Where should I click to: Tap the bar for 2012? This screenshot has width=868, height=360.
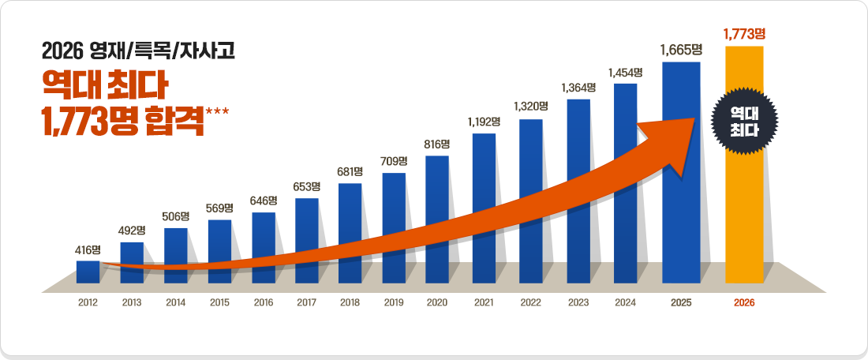(x=88, y=271)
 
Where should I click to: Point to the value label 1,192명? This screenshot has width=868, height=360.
(x=484, y=122)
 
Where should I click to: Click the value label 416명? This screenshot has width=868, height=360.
(x=88, y=249)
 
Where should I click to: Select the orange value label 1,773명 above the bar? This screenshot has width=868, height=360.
(x=744, y=34)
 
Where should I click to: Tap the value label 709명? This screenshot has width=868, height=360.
(x=393, y=161)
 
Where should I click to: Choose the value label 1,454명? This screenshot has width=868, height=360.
(x=625, y=72)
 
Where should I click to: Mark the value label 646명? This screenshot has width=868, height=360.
(x=264, y=201)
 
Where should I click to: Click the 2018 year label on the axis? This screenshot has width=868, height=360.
(x=350, y=302)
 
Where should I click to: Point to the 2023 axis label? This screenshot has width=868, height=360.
(x=578, y=302)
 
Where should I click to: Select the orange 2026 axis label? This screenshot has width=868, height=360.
(x=744, y=302)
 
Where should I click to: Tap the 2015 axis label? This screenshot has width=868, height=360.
(x=219, y=302)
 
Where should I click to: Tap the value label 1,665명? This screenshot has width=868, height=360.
(x=681, y=50)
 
